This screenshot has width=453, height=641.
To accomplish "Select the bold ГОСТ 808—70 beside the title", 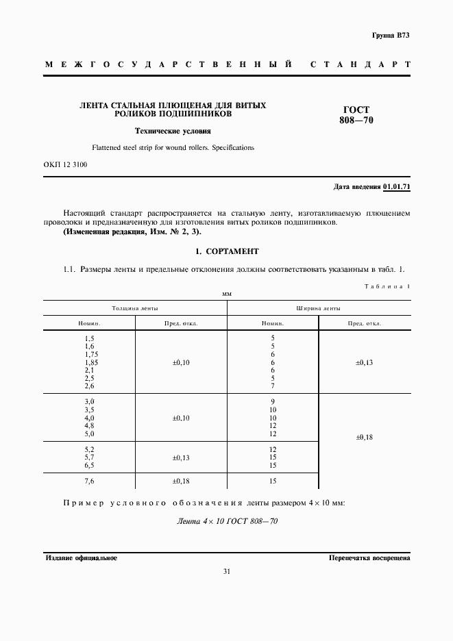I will pyautogui.click(x=354, y=115).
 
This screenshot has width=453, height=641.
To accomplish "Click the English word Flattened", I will pyautogui.click(x=106, y=147).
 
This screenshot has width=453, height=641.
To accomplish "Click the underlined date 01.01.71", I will pyautogui.click(x=396, y=186).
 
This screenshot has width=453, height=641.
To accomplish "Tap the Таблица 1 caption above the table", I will pyautogui.click(x=387, y=287).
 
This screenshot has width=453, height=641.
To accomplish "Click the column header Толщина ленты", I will pyautogui.click(x=135, y=309).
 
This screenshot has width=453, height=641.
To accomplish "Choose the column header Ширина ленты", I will pyautogui.click(x=319, y=309).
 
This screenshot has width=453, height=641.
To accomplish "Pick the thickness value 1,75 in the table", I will pyautogui.click(x=90, y=354).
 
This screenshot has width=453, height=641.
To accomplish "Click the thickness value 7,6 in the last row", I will pyautogui.click(x=90, y=482).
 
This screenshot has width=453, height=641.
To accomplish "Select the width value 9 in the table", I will pyautogui.click(x=273, y=401).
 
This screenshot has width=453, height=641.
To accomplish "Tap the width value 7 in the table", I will pyautogui.click(x=273, y=386).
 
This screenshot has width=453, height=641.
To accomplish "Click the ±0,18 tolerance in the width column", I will pyautogui.click(x=365, y=436).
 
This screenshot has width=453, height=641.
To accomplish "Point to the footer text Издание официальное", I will pyautogui.click(x=82, y=558).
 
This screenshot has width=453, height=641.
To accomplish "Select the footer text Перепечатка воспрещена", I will pyautogui.click(x=369, y=558).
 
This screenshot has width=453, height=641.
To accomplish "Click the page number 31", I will pyautogui.click(x=226, y=573).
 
